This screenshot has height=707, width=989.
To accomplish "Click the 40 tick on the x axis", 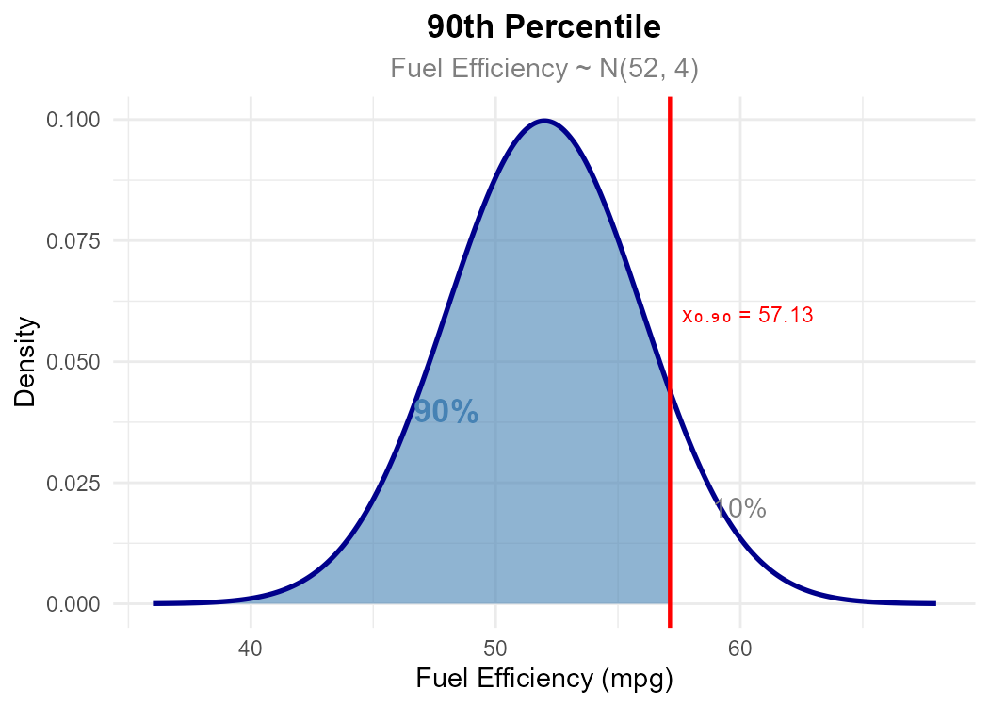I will point(251,649).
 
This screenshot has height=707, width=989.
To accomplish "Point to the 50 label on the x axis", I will point(495,649).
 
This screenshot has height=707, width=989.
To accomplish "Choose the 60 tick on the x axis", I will point(740,649).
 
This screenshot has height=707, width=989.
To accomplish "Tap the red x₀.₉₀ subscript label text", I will point(705,317).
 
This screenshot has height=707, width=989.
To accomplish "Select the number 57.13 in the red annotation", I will point(786,316).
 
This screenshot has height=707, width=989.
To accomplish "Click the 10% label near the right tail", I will point(739,510).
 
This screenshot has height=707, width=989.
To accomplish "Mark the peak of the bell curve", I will point(544,121).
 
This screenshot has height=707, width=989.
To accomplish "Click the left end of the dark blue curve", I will point(154,603).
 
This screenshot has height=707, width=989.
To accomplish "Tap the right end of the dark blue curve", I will point(934,603).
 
